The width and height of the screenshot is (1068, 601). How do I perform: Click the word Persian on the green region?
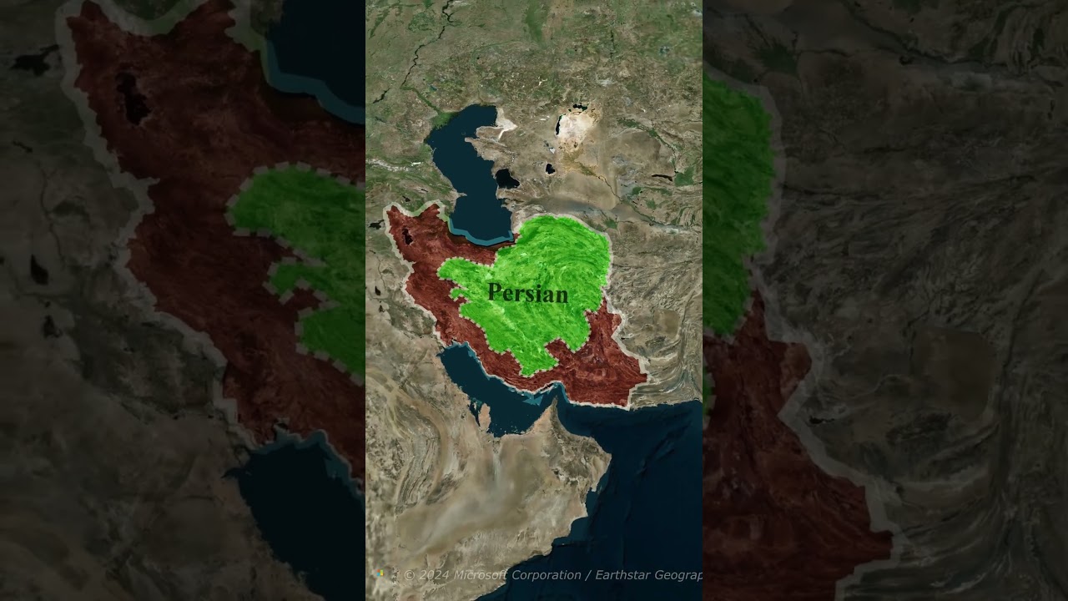click(527, 293)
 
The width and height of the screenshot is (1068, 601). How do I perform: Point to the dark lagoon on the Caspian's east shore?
click(506, 178)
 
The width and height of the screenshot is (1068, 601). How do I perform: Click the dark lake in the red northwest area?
click(407, 236)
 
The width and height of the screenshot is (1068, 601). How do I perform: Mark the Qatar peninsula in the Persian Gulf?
click(483, 413)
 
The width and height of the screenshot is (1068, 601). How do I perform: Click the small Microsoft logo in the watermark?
click(381, 575)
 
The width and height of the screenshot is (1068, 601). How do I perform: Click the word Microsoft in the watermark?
click(481, 575)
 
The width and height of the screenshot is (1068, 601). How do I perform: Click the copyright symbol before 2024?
click(409, 575)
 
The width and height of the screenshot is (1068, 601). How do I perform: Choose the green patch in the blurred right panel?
click(738, 192)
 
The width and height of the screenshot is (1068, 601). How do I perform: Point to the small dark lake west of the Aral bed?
click(550, 169)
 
